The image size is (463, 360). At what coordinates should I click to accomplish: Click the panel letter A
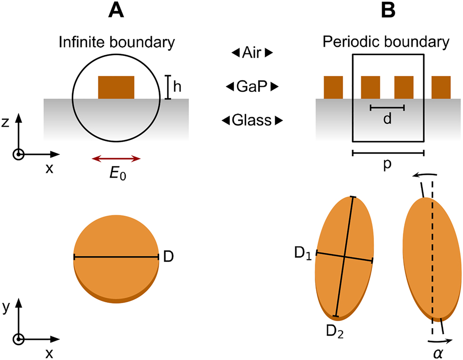point(116,10)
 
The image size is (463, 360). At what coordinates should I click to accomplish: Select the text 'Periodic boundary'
point(385,42)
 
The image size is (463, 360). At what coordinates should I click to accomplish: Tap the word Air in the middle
point(252,54)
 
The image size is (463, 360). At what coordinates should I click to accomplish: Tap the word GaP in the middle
point(252,87)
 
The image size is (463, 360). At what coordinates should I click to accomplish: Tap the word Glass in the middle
point(252,120)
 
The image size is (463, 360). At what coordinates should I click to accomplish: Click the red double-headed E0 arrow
point(116,159)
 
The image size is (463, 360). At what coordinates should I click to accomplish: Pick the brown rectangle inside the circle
point(116,87)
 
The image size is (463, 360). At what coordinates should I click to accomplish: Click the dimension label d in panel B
point(387,119)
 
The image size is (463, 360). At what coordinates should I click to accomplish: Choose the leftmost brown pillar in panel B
point(333,87)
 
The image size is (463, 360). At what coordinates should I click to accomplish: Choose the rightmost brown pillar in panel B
point(441,87)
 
